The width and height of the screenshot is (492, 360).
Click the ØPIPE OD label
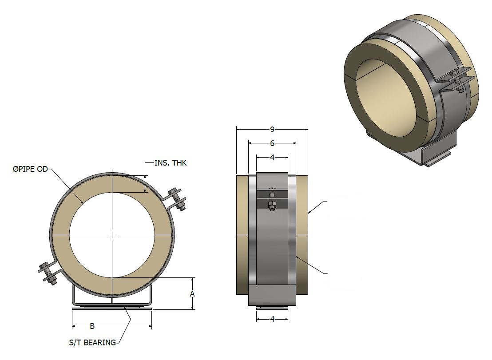click(x=31, y=169)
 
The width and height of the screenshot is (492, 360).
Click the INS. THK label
click(x=171, y=163)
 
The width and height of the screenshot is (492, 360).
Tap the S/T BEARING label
click(x=92, y=342)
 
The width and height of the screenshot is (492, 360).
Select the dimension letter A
click(x=192, y=294)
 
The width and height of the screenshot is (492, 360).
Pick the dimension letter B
click(x=92, y=326)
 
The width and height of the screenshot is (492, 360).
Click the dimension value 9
click(x=272, y=129)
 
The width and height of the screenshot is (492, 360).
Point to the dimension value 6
click(x=272, y=143)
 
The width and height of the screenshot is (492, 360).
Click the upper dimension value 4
click(x=272, y=158)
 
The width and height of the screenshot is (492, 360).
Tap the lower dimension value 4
click(x=272, y=319)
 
